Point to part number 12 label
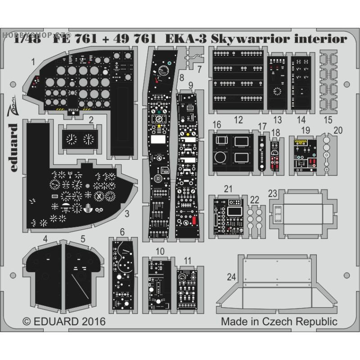pos(238,120)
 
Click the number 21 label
pos(229,189)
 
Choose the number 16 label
pos(216,124)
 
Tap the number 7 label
pos(199,69)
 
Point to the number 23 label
pos(273,193)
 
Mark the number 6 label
pos(122,232)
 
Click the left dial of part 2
pos(71,139)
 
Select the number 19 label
pos(306,130)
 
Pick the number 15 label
pos(328,120)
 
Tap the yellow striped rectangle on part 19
pos(301,143)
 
